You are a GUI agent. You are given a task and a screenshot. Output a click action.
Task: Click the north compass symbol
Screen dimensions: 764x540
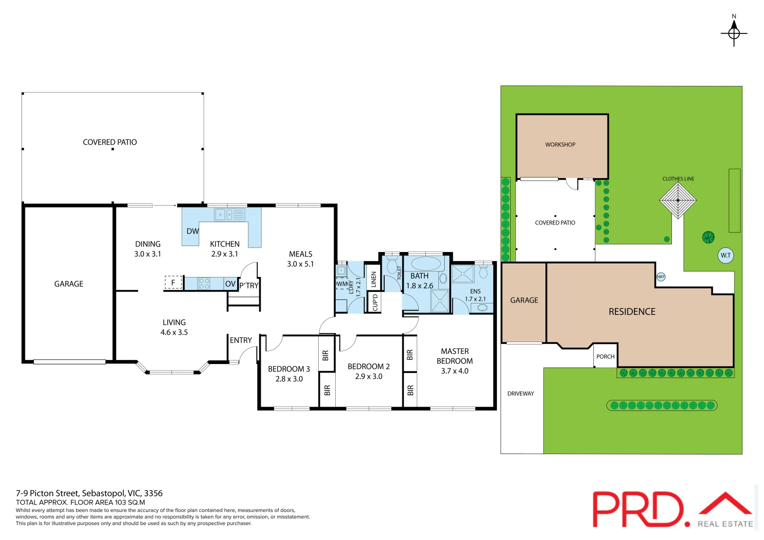(733, 33)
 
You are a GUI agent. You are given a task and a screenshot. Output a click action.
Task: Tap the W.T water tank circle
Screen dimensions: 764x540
(725, 255)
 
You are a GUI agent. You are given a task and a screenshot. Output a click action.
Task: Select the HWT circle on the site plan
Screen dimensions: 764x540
(660, 277)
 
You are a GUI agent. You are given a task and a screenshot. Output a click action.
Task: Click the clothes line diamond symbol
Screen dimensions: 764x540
(678, 200)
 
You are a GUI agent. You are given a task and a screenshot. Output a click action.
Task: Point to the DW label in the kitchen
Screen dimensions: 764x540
(193, 231)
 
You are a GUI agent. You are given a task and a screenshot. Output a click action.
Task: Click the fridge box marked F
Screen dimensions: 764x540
(173, 282)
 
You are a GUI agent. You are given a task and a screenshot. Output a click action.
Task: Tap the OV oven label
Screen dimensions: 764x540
(230, 283)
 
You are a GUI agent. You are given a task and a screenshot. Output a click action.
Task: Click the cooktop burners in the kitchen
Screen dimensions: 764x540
(204, 283)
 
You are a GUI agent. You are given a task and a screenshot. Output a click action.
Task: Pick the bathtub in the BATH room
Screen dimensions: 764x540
(426, 263)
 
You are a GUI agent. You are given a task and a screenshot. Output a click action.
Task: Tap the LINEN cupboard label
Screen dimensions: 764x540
(373, 279)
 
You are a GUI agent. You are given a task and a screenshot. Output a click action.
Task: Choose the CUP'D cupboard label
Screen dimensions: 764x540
(375, 302)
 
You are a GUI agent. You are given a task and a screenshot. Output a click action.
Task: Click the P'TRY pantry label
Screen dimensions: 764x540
(249, 285)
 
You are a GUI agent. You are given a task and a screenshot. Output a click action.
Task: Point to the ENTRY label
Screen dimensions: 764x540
(241, 340)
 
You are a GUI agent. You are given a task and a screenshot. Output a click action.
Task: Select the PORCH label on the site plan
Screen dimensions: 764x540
(605, 356)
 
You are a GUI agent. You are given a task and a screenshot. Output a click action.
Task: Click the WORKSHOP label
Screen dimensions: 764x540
(560, 144)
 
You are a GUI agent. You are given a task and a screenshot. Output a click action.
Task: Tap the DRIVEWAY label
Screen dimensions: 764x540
(520, 393)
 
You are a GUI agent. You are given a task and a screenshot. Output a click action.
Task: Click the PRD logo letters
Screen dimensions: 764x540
(641, 509)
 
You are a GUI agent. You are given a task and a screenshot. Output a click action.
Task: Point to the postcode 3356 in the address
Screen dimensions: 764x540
(153, 493)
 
